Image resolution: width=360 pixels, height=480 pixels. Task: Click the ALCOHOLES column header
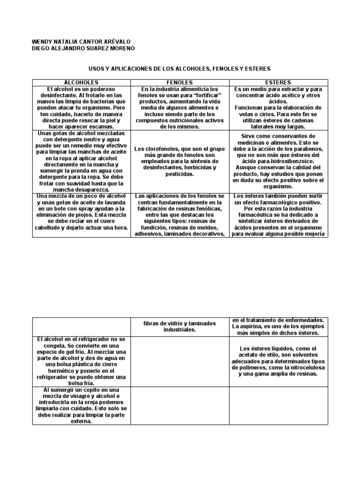(x=81, y=82)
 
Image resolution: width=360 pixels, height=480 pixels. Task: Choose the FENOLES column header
(x=180, y=82)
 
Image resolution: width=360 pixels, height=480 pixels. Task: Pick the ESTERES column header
(x=278, y=82)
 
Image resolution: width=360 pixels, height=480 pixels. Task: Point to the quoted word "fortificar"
(x=201, y=95)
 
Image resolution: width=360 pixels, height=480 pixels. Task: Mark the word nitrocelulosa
(x=300, y=367)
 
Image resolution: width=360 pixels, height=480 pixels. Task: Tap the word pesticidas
(x=180, y=173)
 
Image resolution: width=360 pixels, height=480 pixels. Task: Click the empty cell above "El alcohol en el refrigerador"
(x=81, y=326)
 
